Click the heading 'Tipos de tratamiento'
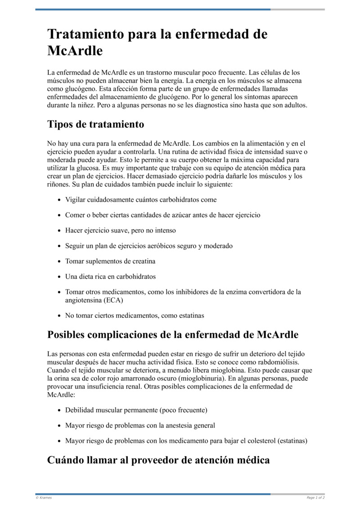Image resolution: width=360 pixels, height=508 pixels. coord(95,124)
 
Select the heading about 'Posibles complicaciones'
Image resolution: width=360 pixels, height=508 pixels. coord(173,335)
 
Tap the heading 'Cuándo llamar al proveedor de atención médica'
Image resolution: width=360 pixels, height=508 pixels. coord(158,460)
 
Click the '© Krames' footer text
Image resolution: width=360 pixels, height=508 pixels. coord(44,498)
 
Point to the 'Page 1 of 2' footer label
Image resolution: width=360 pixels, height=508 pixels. coord(315,498)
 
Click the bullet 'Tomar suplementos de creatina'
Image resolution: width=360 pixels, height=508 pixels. coord(110,261)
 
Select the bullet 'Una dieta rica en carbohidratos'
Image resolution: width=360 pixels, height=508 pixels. coord(110,276)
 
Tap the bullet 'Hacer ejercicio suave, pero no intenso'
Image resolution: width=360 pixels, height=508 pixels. coord(120,230)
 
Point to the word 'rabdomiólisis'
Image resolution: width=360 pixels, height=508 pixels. coord(277,362)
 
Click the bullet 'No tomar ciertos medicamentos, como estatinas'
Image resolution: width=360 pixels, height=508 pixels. coord(135,316)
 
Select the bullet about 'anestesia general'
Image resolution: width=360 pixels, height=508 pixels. coord(140,425)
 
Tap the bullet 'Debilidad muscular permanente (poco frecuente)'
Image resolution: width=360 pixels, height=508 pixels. coord(136,410)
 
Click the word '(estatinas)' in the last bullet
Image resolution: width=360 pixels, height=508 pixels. coord(292,441)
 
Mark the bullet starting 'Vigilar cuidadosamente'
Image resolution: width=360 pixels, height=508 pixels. coord(140,200)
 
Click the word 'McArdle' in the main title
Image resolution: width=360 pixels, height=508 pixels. coord(75,51)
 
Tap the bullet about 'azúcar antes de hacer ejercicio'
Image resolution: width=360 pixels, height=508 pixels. coord(162,215)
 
